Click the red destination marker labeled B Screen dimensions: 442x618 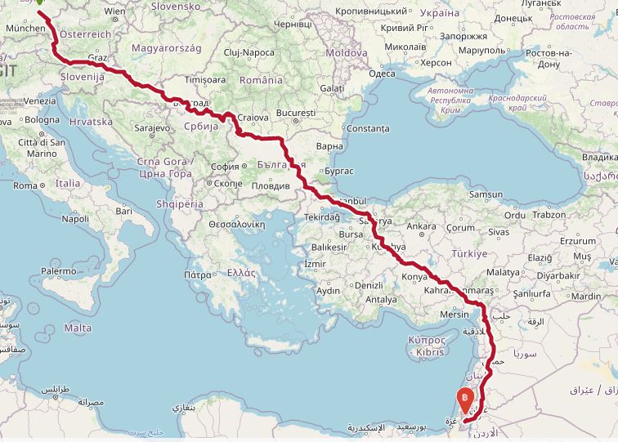[464, 400]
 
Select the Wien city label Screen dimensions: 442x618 [115, 11]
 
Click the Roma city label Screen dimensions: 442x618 [25, 185]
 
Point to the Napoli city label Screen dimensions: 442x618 [74, 219]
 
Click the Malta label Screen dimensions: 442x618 [78, 328]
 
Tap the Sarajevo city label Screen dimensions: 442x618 [151, 128]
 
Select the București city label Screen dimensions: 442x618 [296, 112]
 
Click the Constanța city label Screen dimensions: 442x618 [368, 129]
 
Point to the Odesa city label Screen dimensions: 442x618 [382, 74]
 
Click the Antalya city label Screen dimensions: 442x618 [381, 300]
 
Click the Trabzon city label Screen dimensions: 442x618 [549, 216]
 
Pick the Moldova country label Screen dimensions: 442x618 [347, 53]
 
